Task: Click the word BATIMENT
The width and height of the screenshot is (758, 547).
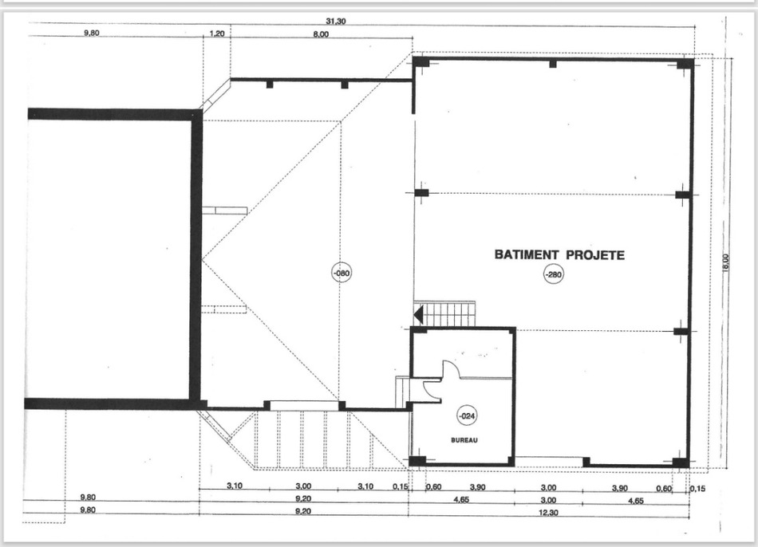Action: pos(527,254)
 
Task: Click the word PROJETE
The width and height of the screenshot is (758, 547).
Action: pos(595,254)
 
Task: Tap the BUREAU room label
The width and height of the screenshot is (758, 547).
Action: pos(464,440)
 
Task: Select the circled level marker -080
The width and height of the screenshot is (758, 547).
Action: pos(341,273)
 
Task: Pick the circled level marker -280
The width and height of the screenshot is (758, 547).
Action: pos(554,275)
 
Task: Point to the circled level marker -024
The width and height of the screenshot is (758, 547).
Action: pos(467,415)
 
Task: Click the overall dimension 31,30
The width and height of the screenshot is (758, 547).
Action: pos(335,22)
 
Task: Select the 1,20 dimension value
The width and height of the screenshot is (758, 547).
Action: pos(217,33)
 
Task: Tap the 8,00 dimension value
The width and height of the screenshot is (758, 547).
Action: pos(321,33)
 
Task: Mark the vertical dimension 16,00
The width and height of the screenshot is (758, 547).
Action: pos(725,262)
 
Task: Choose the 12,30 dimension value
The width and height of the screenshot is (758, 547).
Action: pos(547,513)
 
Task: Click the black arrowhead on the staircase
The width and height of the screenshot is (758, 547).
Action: pos(418,315)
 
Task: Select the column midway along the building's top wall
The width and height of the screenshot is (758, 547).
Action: pos(553,63)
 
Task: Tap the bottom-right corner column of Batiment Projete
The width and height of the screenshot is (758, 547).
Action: pos(681,462)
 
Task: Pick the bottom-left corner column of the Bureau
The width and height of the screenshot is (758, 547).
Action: pos(417,462)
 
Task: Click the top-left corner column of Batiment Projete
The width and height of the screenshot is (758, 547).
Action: pos(420,62)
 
